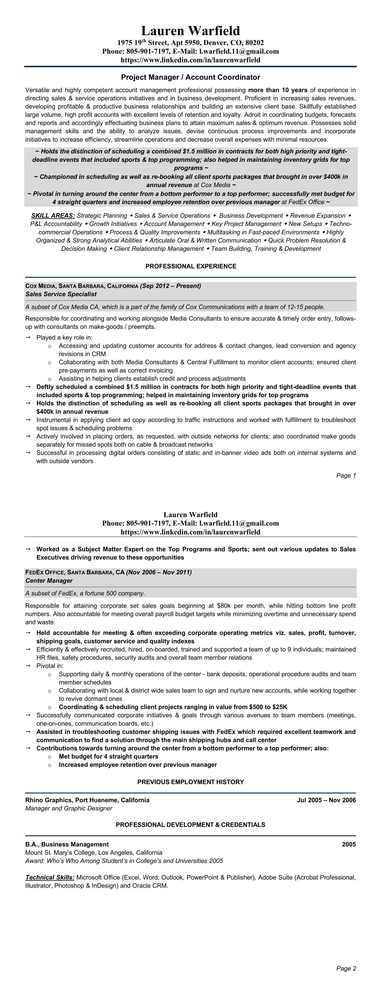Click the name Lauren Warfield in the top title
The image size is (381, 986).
click(191, 30)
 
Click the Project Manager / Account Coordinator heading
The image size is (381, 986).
click(191, 77)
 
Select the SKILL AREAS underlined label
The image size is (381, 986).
click(53, 216)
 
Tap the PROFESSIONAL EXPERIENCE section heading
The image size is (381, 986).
click(191, 266)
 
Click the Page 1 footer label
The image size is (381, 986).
click(346, 475)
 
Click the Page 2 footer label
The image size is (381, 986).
click(346, 968)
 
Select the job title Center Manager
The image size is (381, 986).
click(49, 581)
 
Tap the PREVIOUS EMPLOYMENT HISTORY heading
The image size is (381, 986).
click(191, 782)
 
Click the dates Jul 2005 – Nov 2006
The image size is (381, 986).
click(326, 800)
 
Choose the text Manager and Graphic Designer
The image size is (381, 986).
click(69, 808)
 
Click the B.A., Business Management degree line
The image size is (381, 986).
click(67, 844)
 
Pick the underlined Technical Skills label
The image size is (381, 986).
click(50, 877)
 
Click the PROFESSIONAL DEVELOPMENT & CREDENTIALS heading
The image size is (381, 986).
click(191, 825)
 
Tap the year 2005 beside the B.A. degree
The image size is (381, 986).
click(349, 844)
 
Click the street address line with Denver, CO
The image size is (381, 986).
click(191, 42)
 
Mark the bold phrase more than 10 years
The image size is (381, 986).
click(278, 90)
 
